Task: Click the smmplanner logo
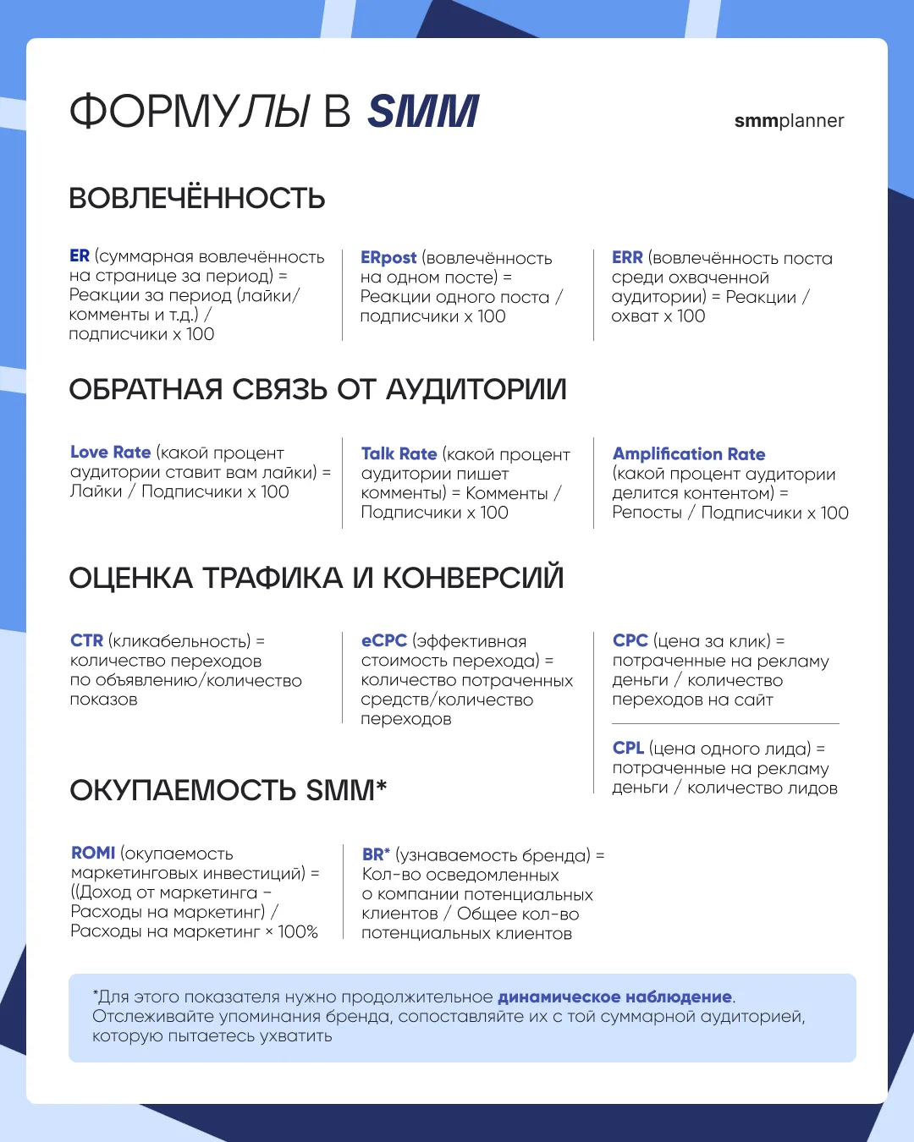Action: point(789,121)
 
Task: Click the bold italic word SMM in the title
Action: point(423,112)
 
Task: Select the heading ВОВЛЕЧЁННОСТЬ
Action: point(197,199)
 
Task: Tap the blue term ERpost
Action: point(388,258)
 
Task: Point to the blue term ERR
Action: point(627,258)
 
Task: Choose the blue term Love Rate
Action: point(110,453)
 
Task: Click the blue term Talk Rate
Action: point(399,454)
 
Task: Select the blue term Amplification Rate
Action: point(689,454)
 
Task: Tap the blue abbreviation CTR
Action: point(86,641)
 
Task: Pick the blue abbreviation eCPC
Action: point(384,641)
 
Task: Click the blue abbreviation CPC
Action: point(630,641)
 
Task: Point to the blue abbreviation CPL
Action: point(628,749)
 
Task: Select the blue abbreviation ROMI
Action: point(93,854)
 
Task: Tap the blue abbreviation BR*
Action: point(376,855)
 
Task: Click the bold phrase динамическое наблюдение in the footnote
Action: point(614,997)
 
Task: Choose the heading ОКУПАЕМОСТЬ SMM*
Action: point(228,790)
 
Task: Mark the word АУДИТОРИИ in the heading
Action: point(476,390)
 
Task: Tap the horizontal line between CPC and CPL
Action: point(725,724)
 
